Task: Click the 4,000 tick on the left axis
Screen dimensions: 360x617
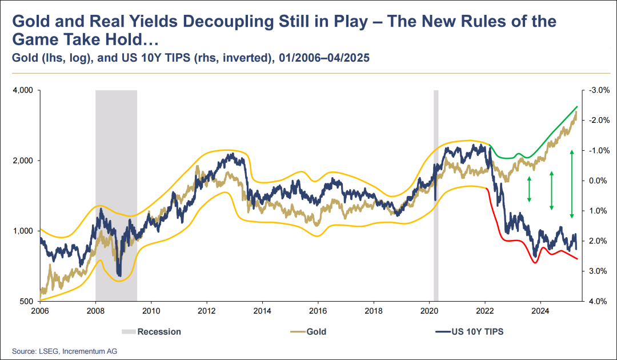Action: [x=21, y=90]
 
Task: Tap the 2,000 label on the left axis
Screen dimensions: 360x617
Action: [x=21, y=161]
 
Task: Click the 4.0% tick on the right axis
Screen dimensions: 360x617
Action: [x=596, y=301]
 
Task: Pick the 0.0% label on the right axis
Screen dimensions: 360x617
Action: [x=596, y=181]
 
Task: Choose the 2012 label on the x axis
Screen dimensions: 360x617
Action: [x=206, y=311]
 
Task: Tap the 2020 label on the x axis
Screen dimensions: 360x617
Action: [x=429, y=311]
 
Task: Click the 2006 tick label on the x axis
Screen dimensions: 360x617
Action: [x=39, y=311]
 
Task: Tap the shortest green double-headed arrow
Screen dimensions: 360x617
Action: [x=529, y=189]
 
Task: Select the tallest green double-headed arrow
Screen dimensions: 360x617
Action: [x=571, y=184]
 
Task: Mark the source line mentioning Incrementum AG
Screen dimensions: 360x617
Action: [x=65, y=350]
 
